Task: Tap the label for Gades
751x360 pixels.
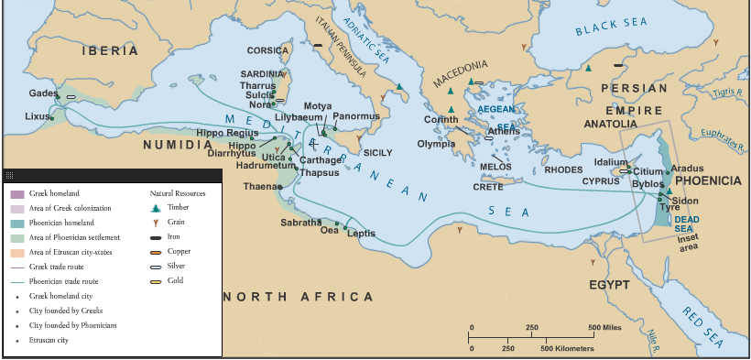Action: click(x=42, y=93)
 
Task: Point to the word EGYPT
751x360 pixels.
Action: click(x=609, y=285)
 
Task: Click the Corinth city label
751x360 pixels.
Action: click(x=441, y=120)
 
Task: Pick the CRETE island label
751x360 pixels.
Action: click(x=487, y=187)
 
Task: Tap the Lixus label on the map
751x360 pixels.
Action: click(x=38, y=116)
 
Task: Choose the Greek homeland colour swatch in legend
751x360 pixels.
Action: click(x=17, y=193)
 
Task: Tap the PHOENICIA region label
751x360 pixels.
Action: click(x=708, y=181)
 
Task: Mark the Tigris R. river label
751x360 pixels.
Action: click(x=726, y=93)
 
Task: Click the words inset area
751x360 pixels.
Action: click(x=688, y=242)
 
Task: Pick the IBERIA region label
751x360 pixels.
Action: click(x=109, y=50)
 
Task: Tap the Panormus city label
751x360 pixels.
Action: click(x=356, y=116)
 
